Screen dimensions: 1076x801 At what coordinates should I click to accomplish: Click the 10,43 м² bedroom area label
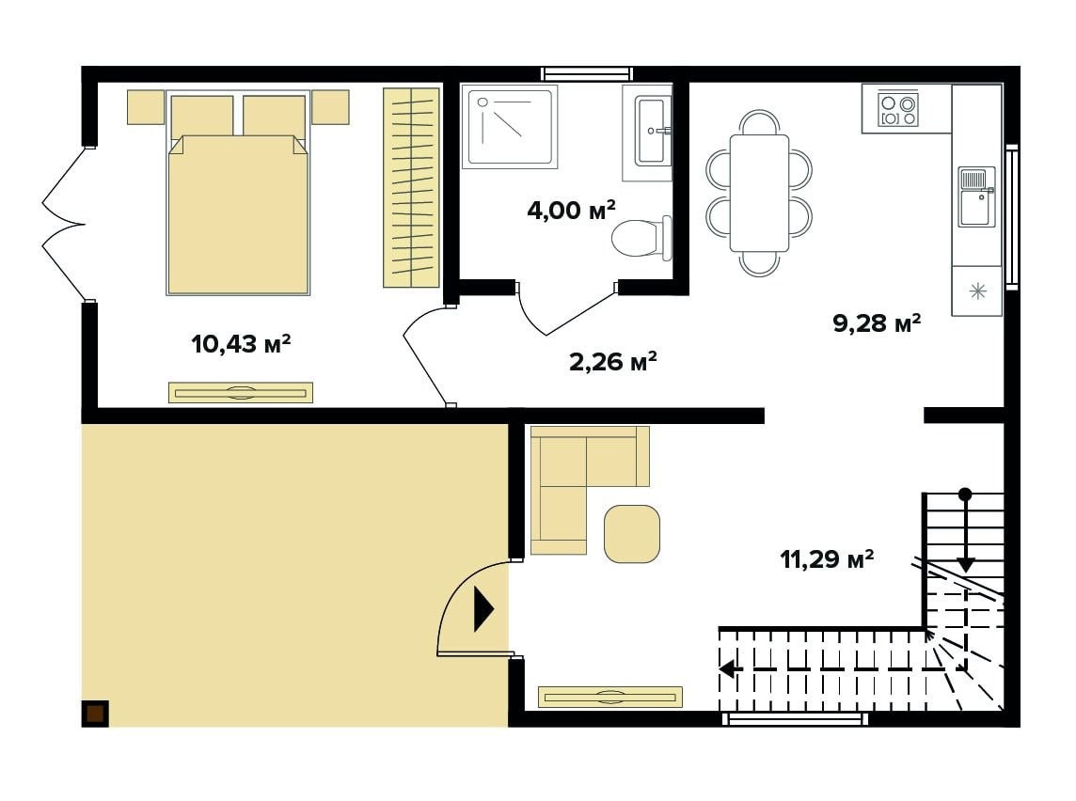point(241,343)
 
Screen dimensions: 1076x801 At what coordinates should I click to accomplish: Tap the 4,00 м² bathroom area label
point(571,209)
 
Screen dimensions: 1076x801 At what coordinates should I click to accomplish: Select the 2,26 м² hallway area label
point(613,361)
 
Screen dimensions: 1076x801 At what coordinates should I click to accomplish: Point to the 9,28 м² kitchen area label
point(877,322)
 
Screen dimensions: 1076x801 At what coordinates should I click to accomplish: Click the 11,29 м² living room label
point(827,559)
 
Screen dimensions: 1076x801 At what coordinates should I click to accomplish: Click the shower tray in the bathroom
point(509,127)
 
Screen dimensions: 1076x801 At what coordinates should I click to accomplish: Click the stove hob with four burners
point(898,110)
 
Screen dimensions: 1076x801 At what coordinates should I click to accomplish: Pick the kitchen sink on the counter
point(976,196)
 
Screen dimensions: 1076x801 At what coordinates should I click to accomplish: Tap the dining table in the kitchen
point(759,193)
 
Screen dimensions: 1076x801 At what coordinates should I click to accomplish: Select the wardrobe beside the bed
point(411,187)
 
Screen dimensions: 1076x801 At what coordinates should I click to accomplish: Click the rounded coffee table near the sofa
point(632,534)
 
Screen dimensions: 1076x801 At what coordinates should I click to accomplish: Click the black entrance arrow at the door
point(483,608)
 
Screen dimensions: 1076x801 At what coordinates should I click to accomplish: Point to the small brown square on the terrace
point(95,714)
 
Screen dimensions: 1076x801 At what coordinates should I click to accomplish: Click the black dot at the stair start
point(965,493)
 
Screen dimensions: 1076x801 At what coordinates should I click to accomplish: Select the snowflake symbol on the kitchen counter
point(977,291)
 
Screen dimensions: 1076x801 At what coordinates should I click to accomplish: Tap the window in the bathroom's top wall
point(586,74)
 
